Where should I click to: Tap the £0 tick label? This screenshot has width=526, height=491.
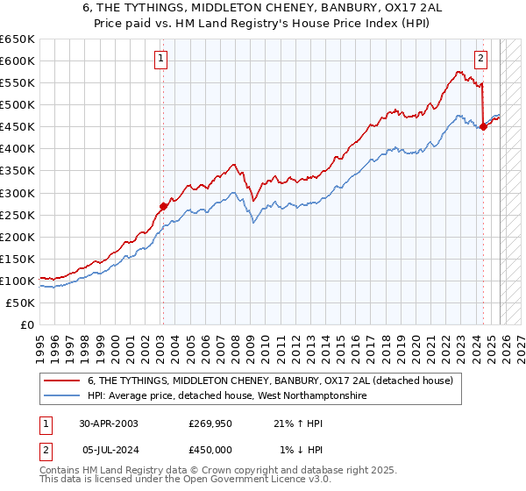tap(26, 324)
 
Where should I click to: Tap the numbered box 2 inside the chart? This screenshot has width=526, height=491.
tap(481, 59)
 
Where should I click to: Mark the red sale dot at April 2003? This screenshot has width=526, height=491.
tap(162, 206)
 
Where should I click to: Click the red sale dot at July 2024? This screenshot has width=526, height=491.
tap(483, 126)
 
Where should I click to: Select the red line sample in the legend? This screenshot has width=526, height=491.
tap(62, 381)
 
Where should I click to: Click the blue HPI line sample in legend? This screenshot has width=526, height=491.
tap(62, 395)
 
